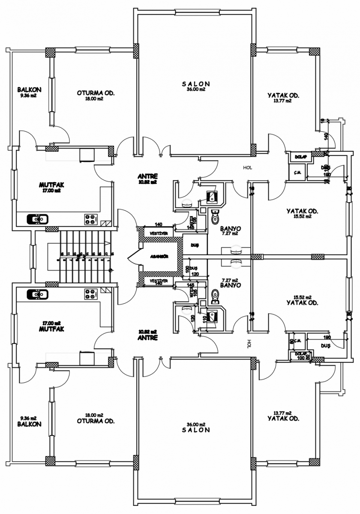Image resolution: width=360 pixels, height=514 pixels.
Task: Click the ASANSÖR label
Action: pyautogui.click(x=159, y=257)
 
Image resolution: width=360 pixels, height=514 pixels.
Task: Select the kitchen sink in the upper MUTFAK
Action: pyautogui.click(x=38, y=219)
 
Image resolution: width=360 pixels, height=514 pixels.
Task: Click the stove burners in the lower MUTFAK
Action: pyautogui.click(x=90, y=294)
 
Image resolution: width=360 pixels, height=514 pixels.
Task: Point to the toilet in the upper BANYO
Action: pyautogui.click(x=215, y=218)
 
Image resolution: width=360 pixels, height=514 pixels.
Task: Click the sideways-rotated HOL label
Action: pyautogui.click(x=249, y=343)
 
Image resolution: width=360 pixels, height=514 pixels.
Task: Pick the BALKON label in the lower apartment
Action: pyautogui.click(x=29, y=424)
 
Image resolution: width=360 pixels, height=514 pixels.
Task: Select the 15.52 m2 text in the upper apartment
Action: pyautogui.click(x=302, y=217)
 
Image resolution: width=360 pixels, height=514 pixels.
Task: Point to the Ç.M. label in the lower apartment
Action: pyautogui.click(x=298, y=341)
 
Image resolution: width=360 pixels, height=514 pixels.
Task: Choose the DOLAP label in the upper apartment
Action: pyautogui.click(x=299, y=157)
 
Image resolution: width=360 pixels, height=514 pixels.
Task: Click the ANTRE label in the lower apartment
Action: pyautogui.click(x=148, y=338)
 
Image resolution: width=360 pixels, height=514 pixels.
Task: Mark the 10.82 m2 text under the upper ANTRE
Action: pyautogui.click(x=148, y=182)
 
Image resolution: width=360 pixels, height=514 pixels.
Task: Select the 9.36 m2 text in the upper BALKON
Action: pyautogui.click(x=28, y=96)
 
